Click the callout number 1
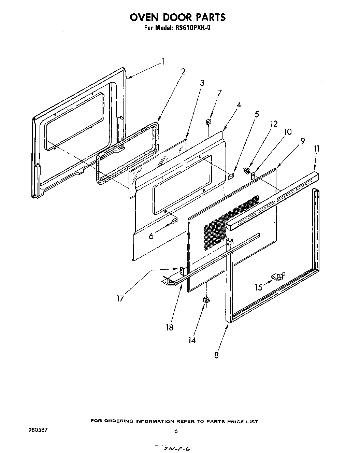tap(163, 61)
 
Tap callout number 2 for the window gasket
tap(183, 71)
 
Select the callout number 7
tap(219, 93)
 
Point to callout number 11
tap(317, 148)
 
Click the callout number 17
tap(120, 298)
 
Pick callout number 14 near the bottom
tap(192, 340)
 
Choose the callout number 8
tap(216, 355)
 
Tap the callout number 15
tap(259, 287)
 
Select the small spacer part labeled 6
tap(174, 222)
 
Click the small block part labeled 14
tap(206, 300)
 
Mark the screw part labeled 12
tap(246, 170)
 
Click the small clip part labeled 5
tap(231, 176)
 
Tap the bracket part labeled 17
tap(182, 270)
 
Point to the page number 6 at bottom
tap(176, 431)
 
